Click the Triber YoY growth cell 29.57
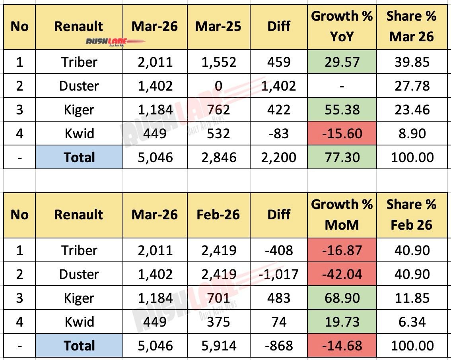click(342, 62)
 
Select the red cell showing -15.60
click(342, 134)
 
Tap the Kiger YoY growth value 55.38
click(342, 110)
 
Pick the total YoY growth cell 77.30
click(342, 157)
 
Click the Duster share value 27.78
click(412, 86)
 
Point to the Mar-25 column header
click(218, 27)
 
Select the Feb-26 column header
click(218, 215)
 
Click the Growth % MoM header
click(342, 215)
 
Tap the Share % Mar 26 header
click(412, 27)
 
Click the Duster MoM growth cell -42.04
click(342, 274)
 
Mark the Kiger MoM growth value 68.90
click(342, 298)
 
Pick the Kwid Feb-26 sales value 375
click(218, 322)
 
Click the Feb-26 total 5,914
click(218, 346)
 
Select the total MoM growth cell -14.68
click(342, 346)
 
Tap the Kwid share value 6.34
click(412, 322)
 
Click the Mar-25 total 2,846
click(218, 157)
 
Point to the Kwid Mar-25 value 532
click(218, 134)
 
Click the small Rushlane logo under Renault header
click(115, 42)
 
